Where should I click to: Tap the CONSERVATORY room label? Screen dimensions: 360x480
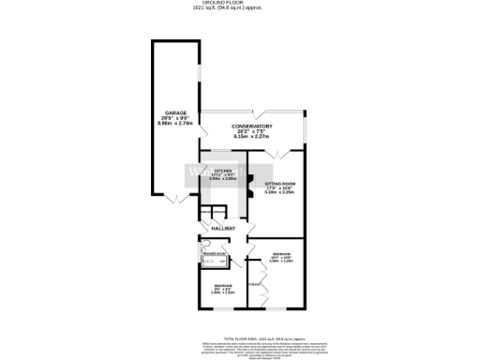coord(253,127)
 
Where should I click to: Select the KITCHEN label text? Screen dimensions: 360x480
coord(222,170)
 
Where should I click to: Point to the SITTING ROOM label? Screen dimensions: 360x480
coord(279,184)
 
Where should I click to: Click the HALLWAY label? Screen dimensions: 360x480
coord(223,229)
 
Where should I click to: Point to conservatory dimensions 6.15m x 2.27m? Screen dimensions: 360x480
coord(253,138)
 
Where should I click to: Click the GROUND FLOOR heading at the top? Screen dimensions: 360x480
coord(240,3)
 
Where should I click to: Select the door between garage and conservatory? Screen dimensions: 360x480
coord(193,177)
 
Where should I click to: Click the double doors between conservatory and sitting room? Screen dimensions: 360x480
coord(275,153)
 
